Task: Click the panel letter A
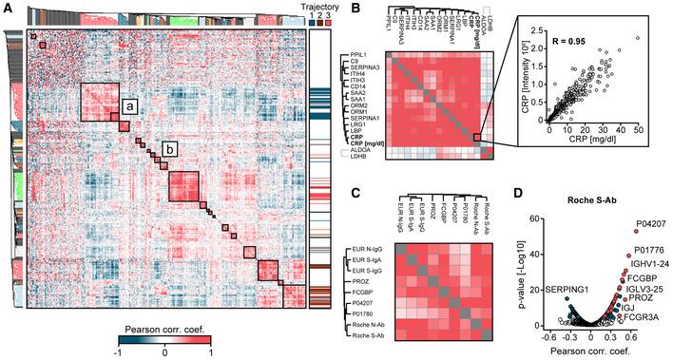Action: point(7,8)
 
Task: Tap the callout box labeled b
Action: point(169,149)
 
